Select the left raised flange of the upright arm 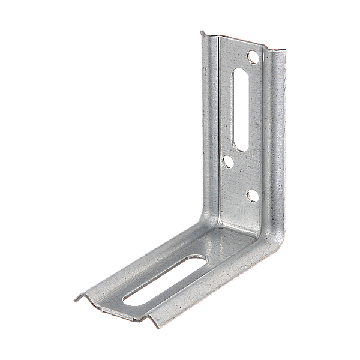pos(209,120)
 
